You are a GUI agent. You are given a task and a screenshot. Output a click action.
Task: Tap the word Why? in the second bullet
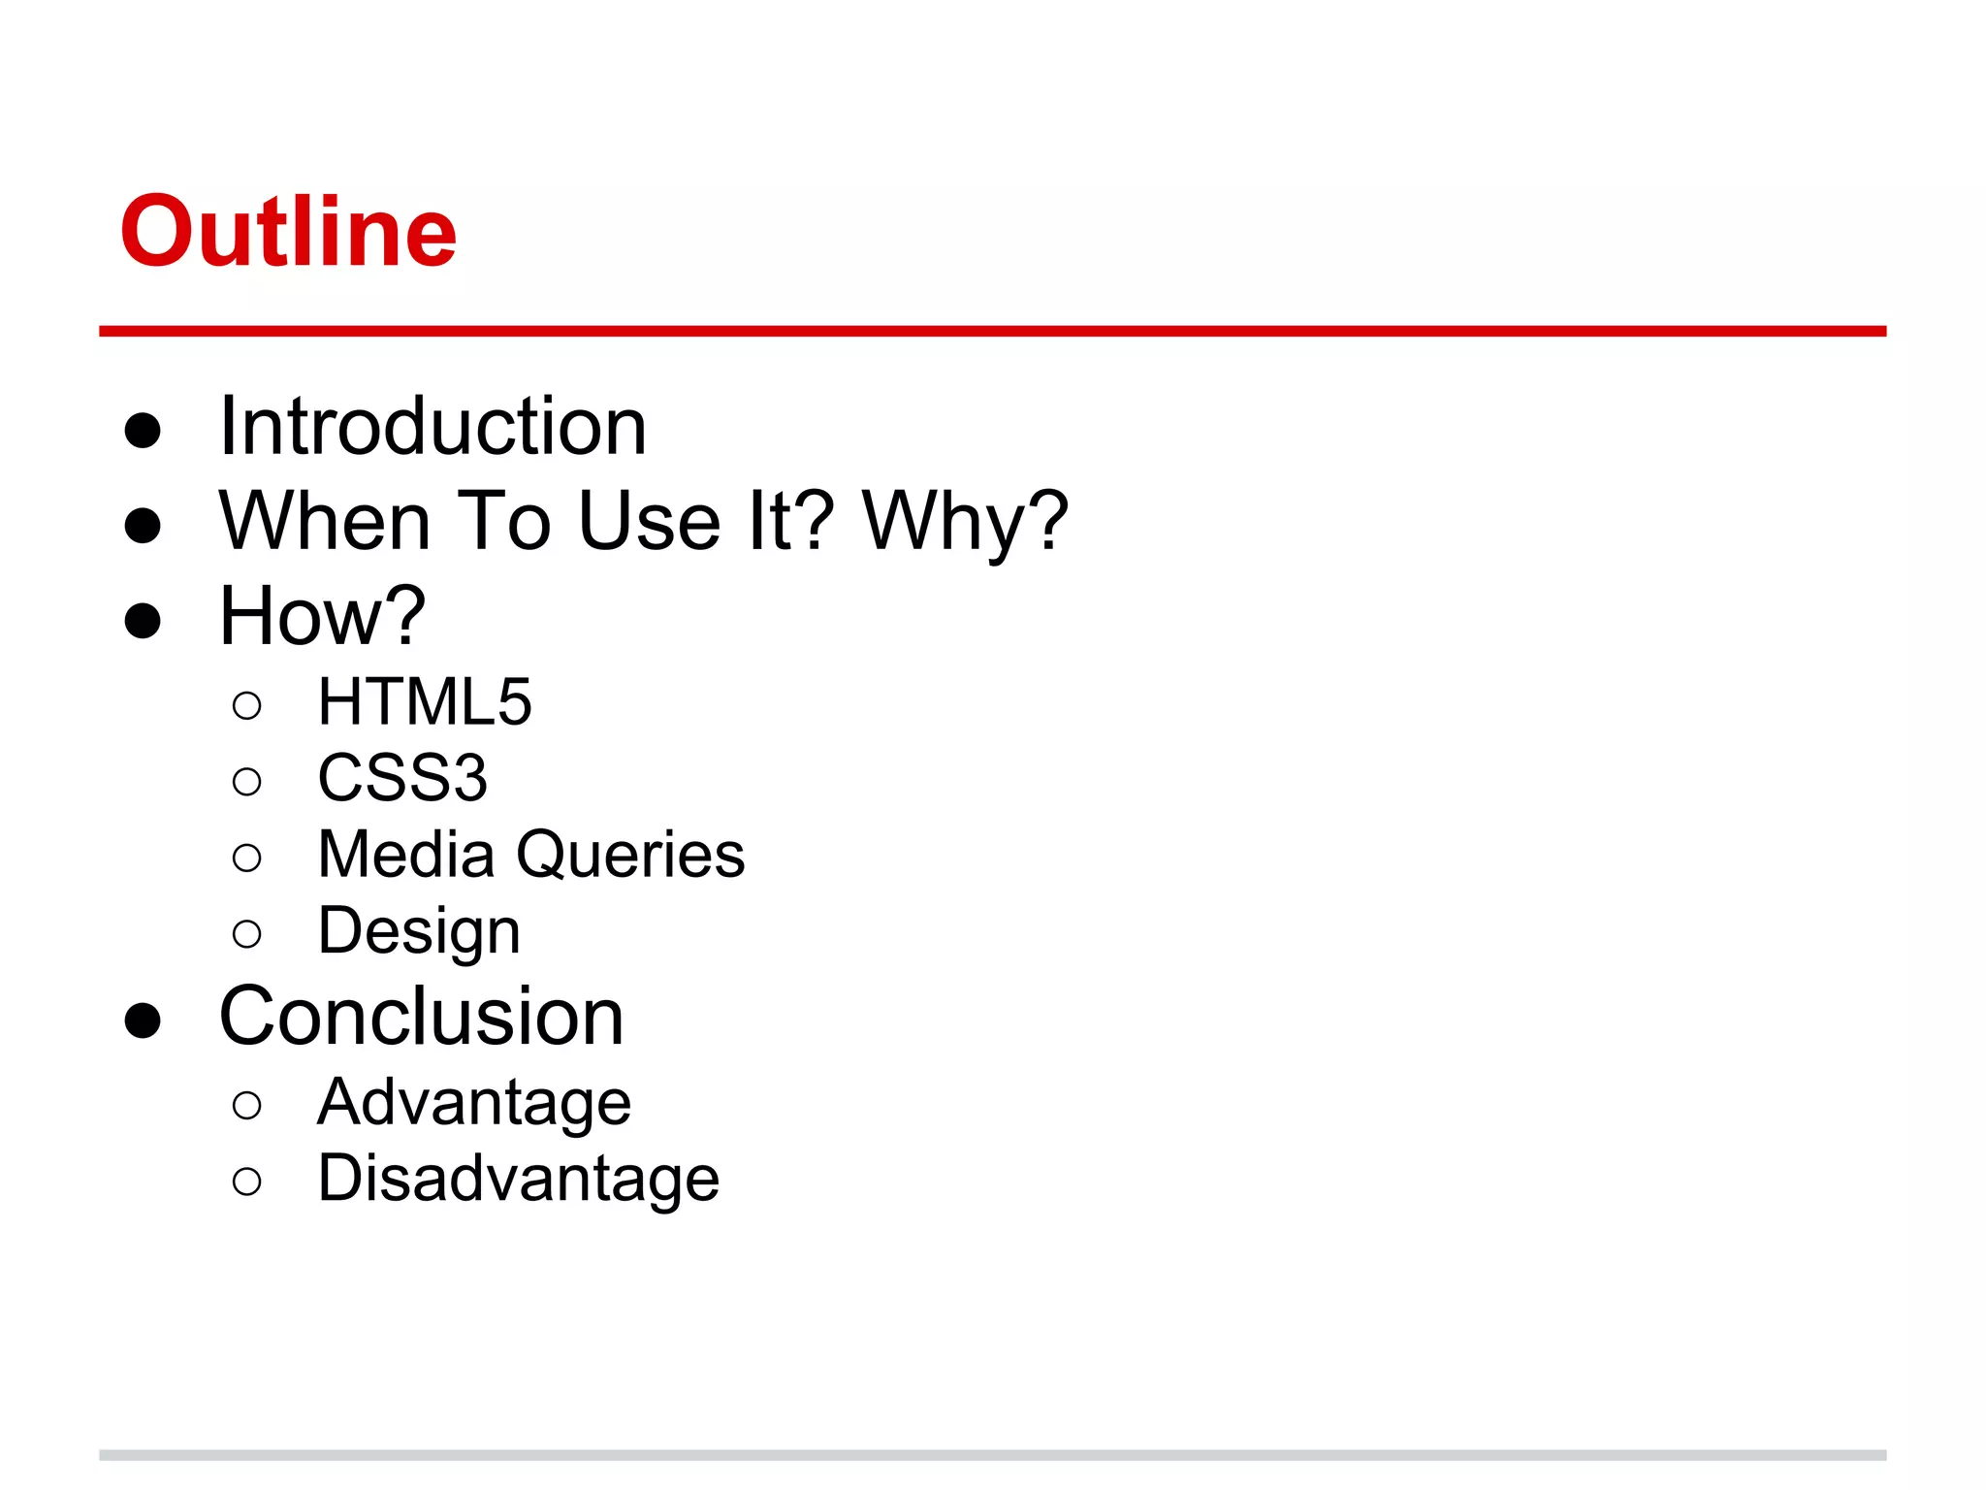[x=965, y=521]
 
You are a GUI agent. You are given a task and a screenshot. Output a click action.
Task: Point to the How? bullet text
[x=322, y=616]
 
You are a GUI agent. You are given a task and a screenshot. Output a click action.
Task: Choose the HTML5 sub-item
[x=425, y=701]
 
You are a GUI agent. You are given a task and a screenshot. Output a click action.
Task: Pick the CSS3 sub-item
[x=402, y=778]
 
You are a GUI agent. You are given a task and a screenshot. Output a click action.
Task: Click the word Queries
[x=630, y=855]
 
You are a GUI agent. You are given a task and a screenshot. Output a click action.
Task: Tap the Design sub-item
[x=419, y=931]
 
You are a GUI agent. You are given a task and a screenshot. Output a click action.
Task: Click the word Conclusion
[x=421, y=1017]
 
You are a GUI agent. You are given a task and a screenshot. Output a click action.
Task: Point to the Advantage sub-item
[x=474, y=1102]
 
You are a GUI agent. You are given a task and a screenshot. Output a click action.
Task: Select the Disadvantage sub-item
[x=519, y=1179]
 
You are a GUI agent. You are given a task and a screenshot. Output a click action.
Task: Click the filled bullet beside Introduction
[x=143, y=430]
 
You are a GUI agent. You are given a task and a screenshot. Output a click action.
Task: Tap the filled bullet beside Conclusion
[x=143, y=1020]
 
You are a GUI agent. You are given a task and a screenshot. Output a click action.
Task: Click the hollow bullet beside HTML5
[x=247, y=705]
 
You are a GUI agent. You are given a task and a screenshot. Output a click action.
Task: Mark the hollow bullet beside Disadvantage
[x=247, y=1182]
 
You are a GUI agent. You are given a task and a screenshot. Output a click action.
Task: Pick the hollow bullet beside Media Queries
[x=247, y=858]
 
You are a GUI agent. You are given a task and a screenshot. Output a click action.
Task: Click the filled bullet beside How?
[x=143, y=620]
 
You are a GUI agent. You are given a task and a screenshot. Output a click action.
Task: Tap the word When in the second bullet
[x=325, y=521]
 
